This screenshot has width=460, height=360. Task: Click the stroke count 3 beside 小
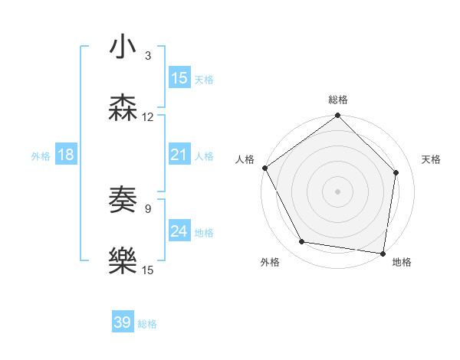tap(148, 55)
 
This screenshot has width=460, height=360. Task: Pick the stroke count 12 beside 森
tap(148, 117)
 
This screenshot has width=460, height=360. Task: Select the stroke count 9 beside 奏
tap(148, 208)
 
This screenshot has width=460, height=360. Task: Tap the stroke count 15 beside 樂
tap(148, 270)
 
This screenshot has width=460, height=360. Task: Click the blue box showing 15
tap(179, 78)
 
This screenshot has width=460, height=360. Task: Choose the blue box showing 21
tap(179, 155)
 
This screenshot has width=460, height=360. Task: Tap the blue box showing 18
tap(66, 155)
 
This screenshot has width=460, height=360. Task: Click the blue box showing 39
tap(123, 322)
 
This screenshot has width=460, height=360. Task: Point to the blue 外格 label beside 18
tap(41, 156)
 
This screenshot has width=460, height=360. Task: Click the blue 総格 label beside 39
tap(147, 324)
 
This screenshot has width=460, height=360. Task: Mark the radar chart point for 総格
tap(337, 116)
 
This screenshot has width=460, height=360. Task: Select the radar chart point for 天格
tap(396, 172)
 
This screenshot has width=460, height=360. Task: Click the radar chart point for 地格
tap(383, 253)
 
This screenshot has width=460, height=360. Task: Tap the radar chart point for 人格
tap(264, 168)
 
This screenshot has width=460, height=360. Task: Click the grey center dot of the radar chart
tap(337, 191)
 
